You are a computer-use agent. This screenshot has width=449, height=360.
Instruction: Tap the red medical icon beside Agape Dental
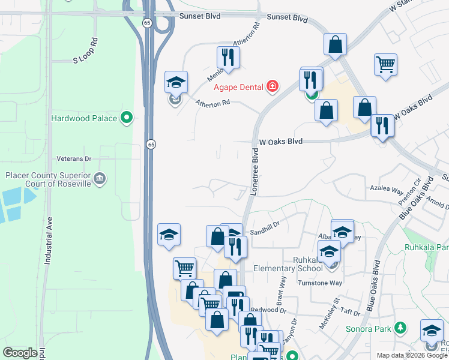[273, 87]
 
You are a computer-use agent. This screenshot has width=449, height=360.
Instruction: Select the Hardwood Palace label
[84, 118]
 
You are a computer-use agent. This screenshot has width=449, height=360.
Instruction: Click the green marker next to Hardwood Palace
[127, 118]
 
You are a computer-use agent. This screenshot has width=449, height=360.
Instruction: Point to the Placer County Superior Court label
[48, 179]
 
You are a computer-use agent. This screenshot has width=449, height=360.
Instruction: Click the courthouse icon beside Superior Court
[100, 178]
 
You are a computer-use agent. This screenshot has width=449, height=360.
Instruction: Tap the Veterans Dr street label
[73, 158]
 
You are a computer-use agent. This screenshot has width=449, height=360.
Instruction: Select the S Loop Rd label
[85, 52]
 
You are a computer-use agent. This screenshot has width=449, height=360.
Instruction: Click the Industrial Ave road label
[47, 241]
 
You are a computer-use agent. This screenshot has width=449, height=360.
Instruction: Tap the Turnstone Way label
[322, 283]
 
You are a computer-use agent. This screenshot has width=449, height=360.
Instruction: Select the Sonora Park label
[368, 329]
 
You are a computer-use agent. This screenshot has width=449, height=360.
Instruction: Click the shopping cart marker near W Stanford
[385, 64]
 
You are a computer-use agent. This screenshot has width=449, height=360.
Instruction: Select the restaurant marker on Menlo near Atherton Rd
[228, 57]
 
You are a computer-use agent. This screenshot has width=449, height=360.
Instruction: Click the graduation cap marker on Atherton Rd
[176, 82]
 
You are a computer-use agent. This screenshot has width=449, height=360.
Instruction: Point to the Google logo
[20, 353]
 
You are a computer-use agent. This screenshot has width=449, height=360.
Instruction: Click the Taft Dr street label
[348, 313]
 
